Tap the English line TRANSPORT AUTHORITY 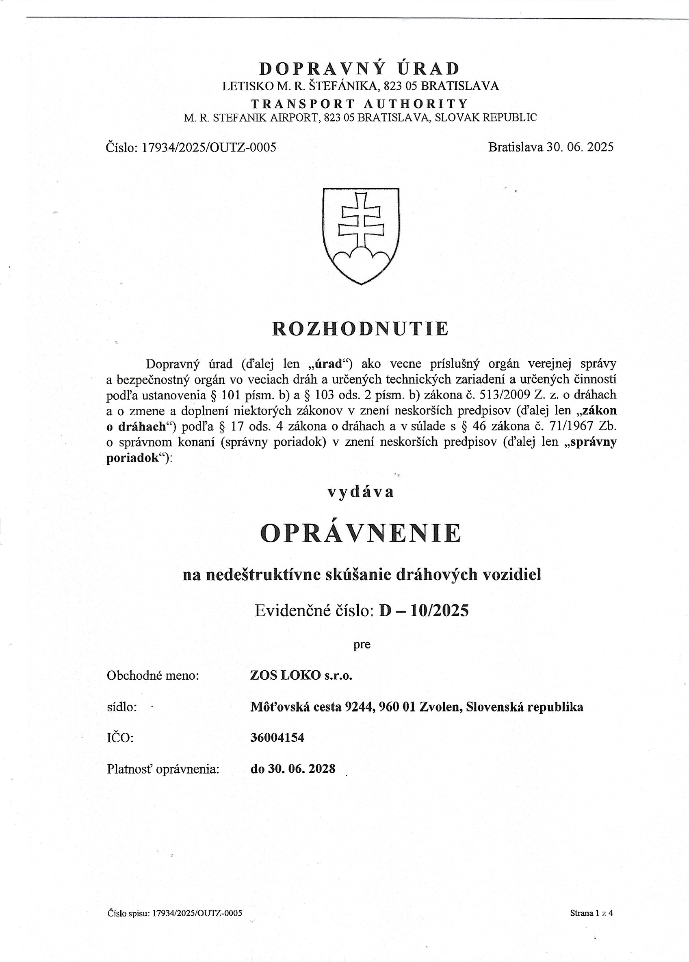pyautogui.click(x=360, y=104)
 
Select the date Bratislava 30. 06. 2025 pyautogui.click(x=551, y=147)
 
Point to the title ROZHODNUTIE pyautogui.click(x=360, y=329)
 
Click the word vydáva pyautogui.click(x=361, y=492)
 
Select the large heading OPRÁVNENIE pyautogui.click(x=360, y=533)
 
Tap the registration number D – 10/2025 pyautogui.click(x=424, y=611)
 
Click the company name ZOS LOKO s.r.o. pyautogui.click(x=301, y=675)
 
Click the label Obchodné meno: pyautogui.click(x=153, y=676)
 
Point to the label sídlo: pyautogui.click(x=122, y=707)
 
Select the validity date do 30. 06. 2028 pyautogui.click(x=293, y=769)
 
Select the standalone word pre pyautogui.click(x=362, y=645)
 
